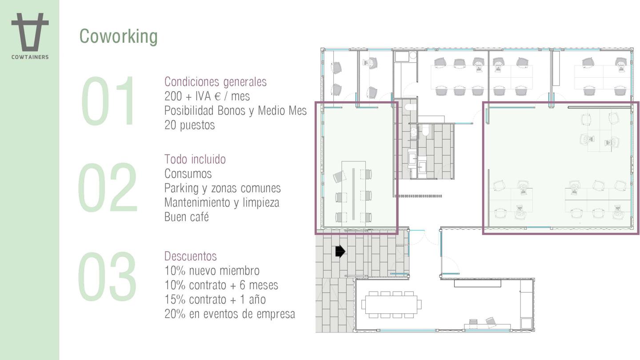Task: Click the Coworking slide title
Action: tap(118, 36)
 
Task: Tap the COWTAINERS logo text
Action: tap(30, 57)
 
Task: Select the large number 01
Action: tap(108, 101)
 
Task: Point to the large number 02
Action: tap(108, 187)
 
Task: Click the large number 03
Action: tap(107, 276)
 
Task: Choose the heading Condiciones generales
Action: tap(216, 82)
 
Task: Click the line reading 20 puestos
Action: tap(189, 125)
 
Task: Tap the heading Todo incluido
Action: tap(195, 159)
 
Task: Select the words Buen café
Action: tap(187, 217)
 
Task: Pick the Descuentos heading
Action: tap(191, 256)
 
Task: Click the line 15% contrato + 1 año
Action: tap(215, 300)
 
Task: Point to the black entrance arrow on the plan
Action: tap(340, 252)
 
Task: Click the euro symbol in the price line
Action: tap(217, 96)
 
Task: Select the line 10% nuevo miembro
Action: tap(212, 271)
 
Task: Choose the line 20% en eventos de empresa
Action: tap(230, 314)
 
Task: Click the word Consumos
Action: tap(188, 174)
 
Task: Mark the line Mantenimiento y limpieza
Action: tap(222, 203)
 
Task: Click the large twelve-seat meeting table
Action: tap(391, 304)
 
